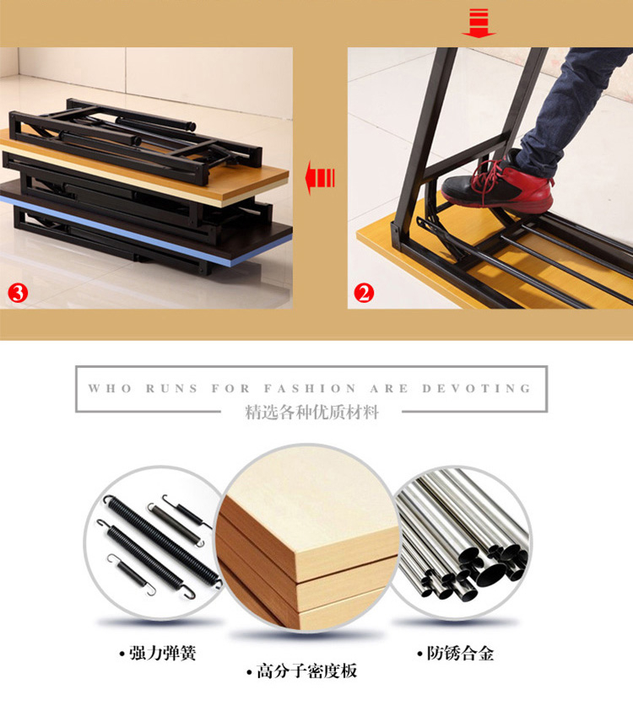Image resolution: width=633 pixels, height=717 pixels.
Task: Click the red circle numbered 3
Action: pyautogui.click(x=18, y=293)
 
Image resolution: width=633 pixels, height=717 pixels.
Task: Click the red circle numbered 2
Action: pyautogui.click(x=364, y=293)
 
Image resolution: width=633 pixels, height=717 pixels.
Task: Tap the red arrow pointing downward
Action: pyautogui.click(x=479, y=23)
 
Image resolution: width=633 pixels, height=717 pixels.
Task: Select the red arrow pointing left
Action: pyautogui.click(x=320, y=177)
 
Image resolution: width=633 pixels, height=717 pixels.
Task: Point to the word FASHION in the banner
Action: pyautogui.click(x=310, y=389)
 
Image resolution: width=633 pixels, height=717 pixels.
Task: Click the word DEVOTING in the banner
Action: pyautogui.click(x=476, y=389)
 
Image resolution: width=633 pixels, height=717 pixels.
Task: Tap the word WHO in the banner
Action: pyautogui.click(x=110, y=389)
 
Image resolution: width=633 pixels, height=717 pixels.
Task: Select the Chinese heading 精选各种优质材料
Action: pyautogui.click(x=312, y=412)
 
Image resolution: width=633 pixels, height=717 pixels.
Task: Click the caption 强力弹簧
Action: pyautogui.click(x=158, y=653)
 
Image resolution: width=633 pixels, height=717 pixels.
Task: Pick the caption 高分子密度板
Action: pyautogui.click(x=302, y=671)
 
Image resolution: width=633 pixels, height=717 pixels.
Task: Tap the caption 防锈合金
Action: pyautogui.click(x=456, y=653)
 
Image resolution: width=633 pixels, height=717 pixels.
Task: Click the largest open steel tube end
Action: pyautogui.click(x=491, y=574)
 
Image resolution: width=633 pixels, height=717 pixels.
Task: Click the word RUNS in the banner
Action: pyautogui.click(x=172, y=389)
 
